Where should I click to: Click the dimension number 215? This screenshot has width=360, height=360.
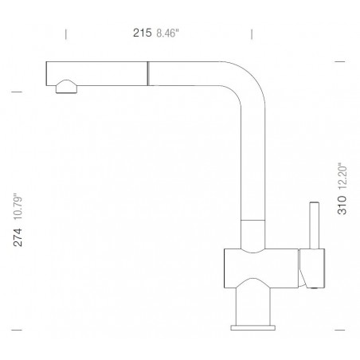tap(141, 33)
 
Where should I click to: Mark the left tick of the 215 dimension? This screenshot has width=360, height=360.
tap(65, 33)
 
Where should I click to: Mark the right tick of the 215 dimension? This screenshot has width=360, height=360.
tap(252, 33)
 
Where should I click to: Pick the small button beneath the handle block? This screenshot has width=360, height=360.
tap(312, 283)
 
